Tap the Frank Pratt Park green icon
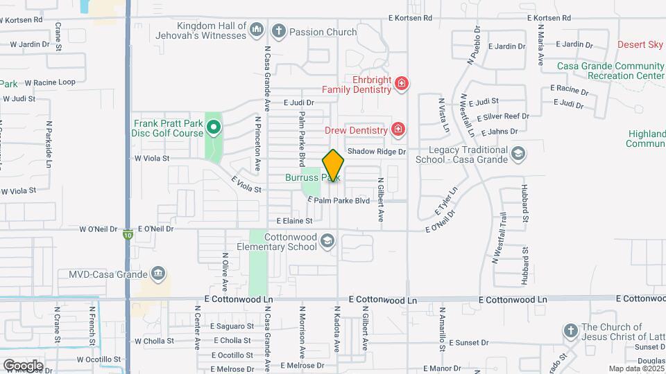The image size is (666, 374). pyautogui.click(x=214, y=127)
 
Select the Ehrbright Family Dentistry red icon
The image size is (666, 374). pyautogui.click(x=401, y=84)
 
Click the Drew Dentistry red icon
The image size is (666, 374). pyautogui.click(x=398, y=129)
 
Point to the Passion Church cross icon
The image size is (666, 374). pyautogui.click(x=279, y=30)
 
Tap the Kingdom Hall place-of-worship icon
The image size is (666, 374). pyautogui.click(x=257, y=29)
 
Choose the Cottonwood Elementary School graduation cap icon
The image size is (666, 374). pyautogui.click(x=327, y=241)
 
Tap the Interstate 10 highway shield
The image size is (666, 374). pyautogui.click(x=129, y=233)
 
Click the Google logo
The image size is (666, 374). pyautogui.click(x=23, y=365)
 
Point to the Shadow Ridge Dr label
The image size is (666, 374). pyautogui.click(x=376, y=151)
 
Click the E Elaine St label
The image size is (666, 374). pyautogui.click(x=295, y=221)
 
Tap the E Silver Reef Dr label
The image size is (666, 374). pyautogui.click(x=498, y=116)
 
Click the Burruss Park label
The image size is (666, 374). pyautogui.click(x=312, y=177)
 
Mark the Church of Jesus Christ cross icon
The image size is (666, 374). pyautogui.click(x=570, y=330)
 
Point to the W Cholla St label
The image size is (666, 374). pyautogui.click(x=157, y=341)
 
